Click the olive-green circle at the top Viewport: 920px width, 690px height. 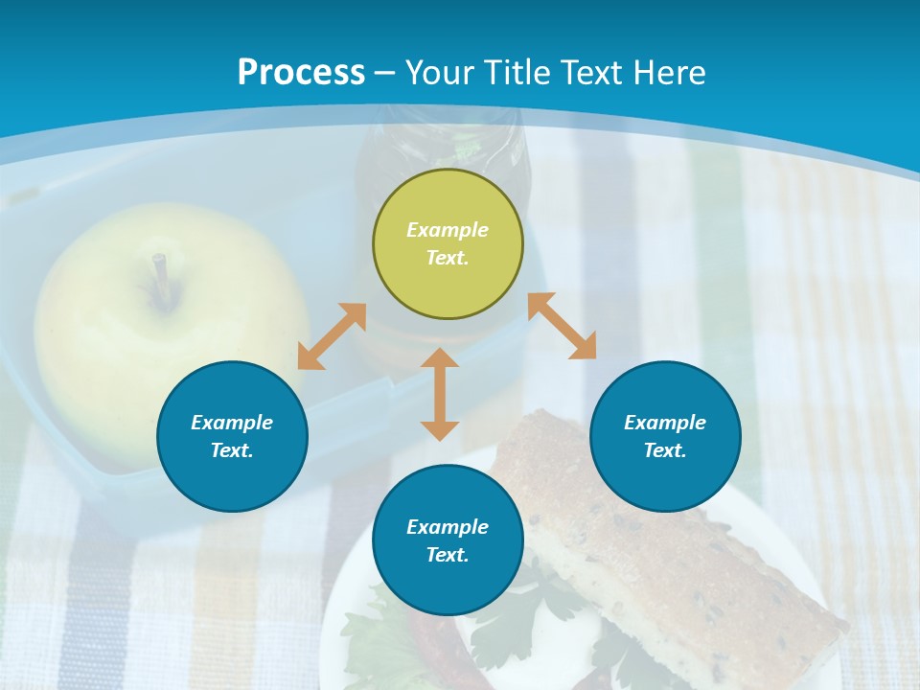click(448, 244)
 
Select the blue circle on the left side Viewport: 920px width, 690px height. click(232, 436)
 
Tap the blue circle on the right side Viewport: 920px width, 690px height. click(665, 436)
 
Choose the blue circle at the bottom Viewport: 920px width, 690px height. click(448, 540)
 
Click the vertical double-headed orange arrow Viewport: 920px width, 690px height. click(440, 394)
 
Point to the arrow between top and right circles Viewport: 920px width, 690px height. click(563, 326)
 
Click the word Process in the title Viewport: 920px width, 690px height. click(301, 73)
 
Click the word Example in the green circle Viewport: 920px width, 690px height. click(448, 230)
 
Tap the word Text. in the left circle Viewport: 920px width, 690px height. click(232, 450)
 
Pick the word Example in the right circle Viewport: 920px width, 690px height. click(665, 423)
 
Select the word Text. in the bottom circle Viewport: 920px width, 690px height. click(448, 555)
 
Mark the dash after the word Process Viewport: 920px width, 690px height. click(385, 73)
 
